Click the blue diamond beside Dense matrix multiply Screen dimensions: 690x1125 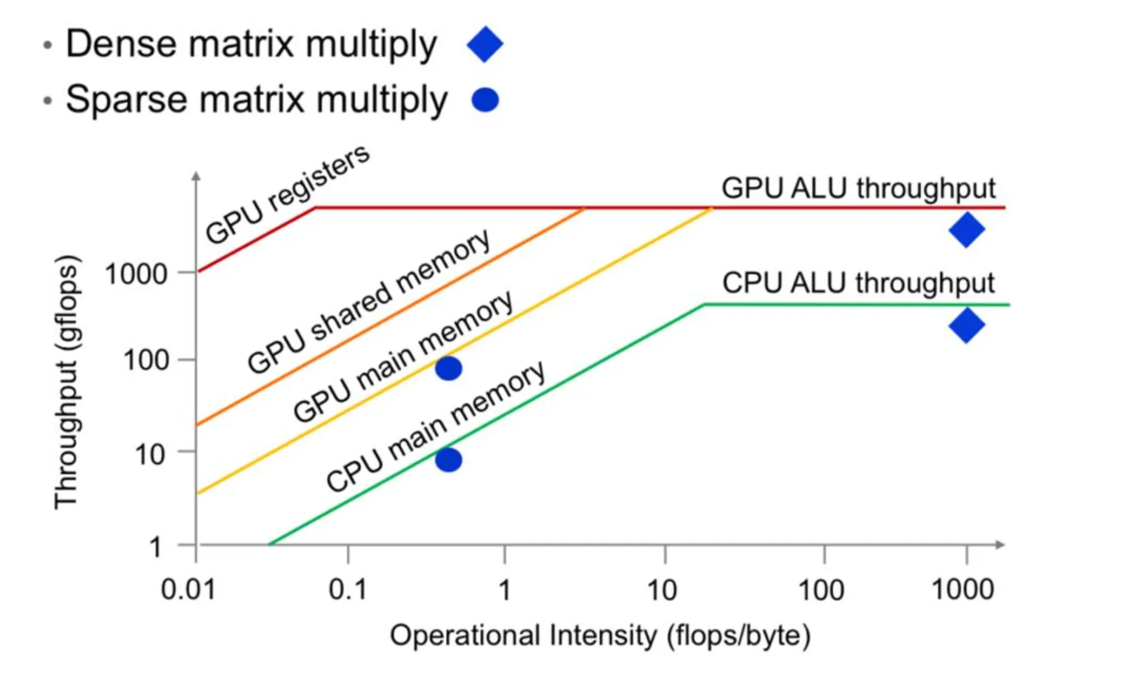[485, 44]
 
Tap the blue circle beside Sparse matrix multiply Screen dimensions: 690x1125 [485, 100]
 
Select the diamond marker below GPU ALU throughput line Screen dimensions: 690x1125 [967, 230]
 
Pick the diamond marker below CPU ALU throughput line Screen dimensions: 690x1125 [967, 326]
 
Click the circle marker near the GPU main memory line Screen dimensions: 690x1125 [449, 368]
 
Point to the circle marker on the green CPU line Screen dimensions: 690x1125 [449, 460]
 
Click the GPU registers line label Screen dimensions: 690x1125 [287, 194]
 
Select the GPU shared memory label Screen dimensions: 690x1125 [369, 301]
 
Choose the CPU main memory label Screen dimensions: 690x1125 [435, 426]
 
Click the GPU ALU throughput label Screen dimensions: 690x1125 [858, 189]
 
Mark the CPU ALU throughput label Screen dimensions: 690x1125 [858, 283]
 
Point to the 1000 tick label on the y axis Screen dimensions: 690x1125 [136, 274]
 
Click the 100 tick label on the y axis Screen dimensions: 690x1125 [145, 361]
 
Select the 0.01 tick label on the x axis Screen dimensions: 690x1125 [188, 590]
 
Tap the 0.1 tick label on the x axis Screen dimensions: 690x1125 [348, 590]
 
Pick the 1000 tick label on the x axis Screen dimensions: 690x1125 [963, 590]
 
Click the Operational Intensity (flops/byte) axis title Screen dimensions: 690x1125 [600, 636]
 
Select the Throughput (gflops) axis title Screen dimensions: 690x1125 [67, 382]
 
